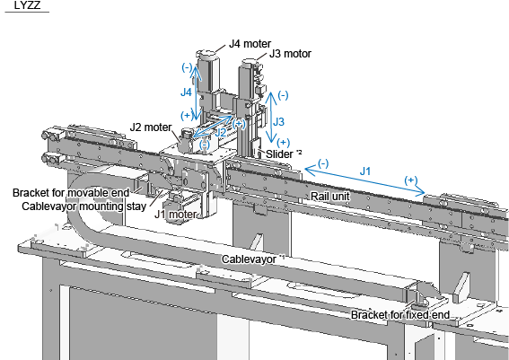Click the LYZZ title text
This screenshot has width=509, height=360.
tap(27, 5)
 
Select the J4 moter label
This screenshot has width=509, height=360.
tap(250, 43)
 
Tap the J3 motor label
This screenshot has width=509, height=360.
tap(290, 54)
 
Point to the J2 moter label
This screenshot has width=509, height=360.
tap(151, 127)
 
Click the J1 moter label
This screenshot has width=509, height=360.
tap(176, 214)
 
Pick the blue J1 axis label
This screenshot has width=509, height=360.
tap(365, 171)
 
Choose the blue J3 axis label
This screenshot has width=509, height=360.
tap(278, 122)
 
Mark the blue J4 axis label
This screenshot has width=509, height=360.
tap(186, 92)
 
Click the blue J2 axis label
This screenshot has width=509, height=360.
tap(221, 132)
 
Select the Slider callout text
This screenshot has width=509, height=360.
tap(284, 154)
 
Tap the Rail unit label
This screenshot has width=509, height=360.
tap(330, 196)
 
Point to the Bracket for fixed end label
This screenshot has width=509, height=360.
tap(400, 314)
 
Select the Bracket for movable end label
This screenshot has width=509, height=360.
tap(71, 192)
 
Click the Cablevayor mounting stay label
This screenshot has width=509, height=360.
tap(83, 206)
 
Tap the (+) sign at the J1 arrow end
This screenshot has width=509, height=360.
tap(411, 180)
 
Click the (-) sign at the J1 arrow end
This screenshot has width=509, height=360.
tap(323, 163)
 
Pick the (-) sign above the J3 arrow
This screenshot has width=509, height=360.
tap(283, 95)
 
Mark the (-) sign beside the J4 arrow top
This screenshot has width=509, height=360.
tap(187, 67)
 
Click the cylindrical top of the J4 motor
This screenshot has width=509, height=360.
tap(206, 55)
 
